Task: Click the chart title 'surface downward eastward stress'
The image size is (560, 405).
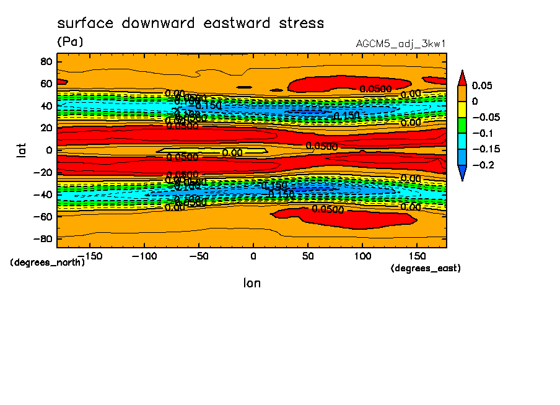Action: point(190,24)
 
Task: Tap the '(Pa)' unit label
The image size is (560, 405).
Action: point(69,42)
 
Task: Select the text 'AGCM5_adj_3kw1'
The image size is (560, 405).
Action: point(400,44)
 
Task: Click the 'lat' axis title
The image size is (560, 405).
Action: point(20,149)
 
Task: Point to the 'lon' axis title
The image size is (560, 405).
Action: point(252,283)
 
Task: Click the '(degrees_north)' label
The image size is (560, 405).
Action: point(47,262)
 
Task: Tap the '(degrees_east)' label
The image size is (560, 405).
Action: point(426,268)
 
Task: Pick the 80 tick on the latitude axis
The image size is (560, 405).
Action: point(45,61)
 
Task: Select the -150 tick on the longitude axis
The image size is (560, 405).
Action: point(89,255)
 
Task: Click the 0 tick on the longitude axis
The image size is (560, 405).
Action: point(253,255)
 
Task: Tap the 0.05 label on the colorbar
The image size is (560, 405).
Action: point(482,85)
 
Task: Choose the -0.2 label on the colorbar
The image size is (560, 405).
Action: point(482,165)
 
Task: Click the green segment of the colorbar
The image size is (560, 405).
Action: point(462,125)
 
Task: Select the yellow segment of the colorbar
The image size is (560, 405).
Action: point(462,109)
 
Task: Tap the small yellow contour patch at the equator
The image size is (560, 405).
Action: point(211,150)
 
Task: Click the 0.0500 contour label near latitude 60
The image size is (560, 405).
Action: point(375,89)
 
